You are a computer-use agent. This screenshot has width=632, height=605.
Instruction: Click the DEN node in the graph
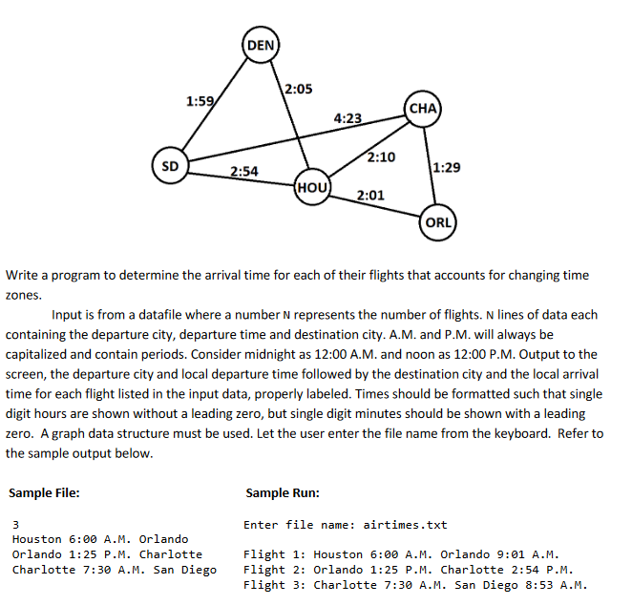(260, 45)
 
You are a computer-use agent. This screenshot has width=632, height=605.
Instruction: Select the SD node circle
(169, 165)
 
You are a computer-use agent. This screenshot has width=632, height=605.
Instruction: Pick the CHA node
(422, 108)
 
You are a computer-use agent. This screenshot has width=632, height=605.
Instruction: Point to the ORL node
(438, 222)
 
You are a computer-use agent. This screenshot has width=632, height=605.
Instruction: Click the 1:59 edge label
(200, 100)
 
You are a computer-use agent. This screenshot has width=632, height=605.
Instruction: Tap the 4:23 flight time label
(348, 118)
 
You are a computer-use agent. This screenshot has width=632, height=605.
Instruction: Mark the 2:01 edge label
(370, 196)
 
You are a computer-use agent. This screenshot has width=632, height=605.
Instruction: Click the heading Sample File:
(44, 493)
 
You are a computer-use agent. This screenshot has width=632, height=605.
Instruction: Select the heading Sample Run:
(283, 493)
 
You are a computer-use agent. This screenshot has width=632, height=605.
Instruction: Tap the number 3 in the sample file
(15, 524)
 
